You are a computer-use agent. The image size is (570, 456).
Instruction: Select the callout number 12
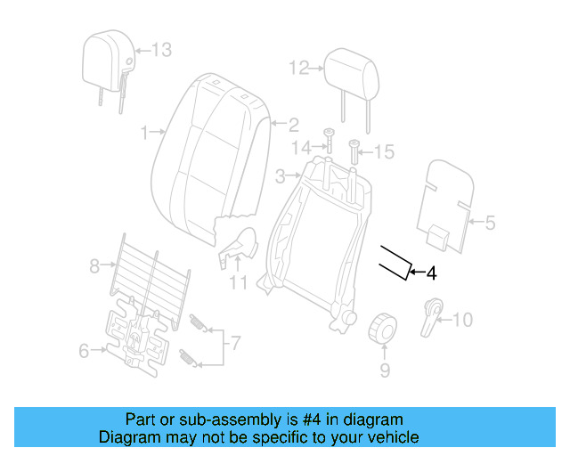297,67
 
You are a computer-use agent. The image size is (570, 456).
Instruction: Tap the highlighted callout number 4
432,273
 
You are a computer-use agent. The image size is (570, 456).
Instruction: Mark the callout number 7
236,342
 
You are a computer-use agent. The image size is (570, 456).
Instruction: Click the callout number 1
144,133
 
